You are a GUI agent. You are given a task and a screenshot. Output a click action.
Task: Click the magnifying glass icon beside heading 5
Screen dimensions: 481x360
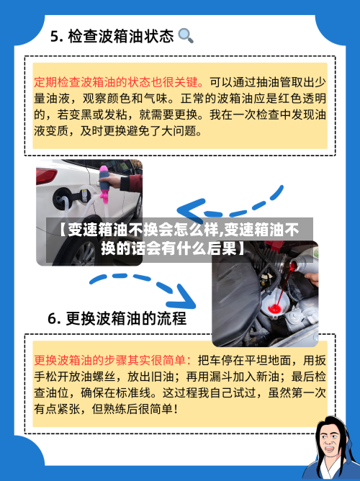pos(185,35)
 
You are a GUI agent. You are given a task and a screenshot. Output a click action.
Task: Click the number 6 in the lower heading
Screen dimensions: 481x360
pos(54,318)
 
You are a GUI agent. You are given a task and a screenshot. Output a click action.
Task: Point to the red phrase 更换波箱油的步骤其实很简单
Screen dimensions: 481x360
pos(112,359)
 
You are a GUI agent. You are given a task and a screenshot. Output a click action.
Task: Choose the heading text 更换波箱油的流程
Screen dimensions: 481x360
pos(126,318)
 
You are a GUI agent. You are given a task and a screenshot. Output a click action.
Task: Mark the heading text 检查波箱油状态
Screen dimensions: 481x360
pos(122,36)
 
